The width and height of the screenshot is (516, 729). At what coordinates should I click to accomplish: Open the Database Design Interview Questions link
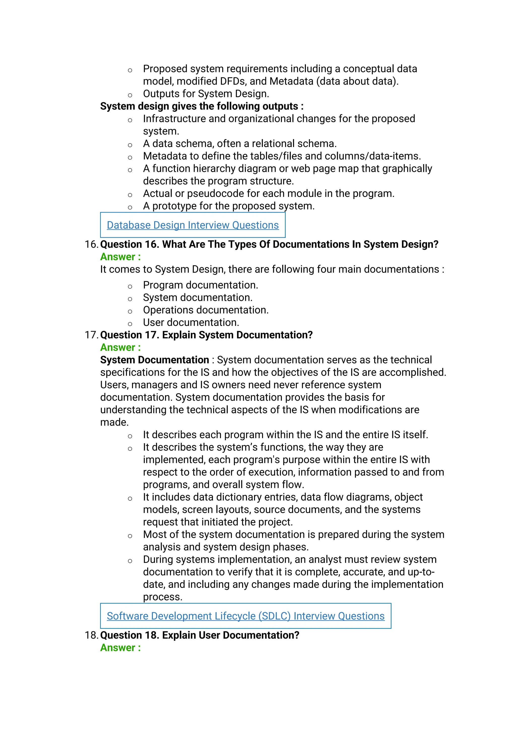192,225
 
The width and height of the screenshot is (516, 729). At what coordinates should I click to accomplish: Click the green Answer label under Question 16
120,257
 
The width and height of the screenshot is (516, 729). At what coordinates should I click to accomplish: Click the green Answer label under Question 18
120,647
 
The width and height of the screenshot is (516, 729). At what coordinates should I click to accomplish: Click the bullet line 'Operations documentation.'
206,310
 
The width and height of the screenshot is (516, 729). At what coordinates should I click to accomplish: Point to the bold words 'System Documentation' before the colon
154,360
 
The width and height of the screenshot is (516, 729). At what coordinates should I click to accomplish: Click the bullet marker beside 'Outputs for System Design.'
130,95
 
